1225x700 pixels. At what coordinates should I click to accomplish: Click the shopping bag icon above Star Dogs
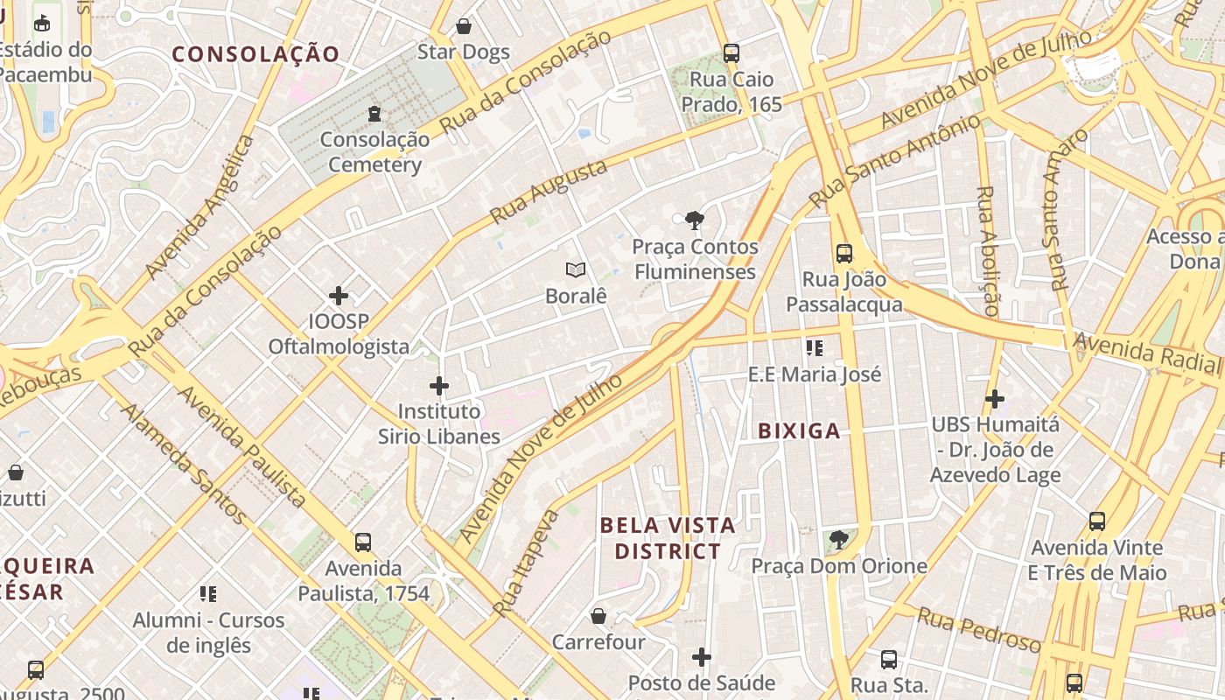coord(464,26)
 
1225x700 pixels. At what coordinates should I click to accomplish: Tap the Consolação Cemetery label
coord(374,151)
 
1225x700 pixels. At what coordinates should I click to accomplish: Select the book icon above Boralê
coord(575,269)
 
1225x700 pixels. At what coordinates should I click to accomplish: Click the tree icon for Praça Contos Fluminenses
coord(695,220)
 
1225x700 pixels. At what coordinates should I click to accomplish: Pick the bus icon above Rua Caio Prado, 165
coord(731,53)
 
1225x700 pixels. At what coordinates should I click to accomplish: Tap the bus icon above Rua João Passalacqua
coord(843,254)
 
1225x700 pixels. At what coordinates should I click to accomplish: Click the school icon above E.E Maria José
coord(815,348)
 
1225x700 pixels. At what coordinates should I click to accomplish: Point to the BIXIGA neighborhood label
coord(799,430)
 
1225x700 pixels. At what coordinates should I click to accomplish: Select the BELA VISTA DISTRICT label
coord(668,538)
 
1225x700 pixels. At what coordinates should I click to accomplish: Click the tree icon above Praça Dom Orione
coord(838,540)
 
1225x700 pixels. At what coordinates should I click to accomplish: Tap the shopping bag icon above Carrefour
coord(598,616)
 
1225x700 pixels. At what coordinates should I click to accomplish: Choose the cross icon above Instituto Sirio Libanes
coord(439,385)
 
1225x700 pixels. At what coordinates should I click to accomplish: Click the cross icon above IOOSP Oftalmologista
coord(339,296)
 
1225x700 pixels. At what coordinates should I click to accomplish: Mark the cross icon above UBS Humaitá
coord(994,399)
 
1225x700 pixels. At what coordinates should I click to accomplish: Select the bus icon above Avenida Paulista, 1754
coord(363,542)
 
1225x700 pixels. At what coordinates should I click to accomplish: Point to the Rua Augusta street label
coord(549,192)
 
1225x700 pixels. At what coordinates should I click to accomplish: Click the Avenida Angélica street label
coord(200,207)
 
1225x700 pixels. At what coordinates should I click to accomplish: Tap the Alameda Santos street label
coord(182,463)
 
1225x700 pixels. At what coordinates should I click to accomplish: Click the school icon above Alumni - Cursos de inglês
coord(208,594)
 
